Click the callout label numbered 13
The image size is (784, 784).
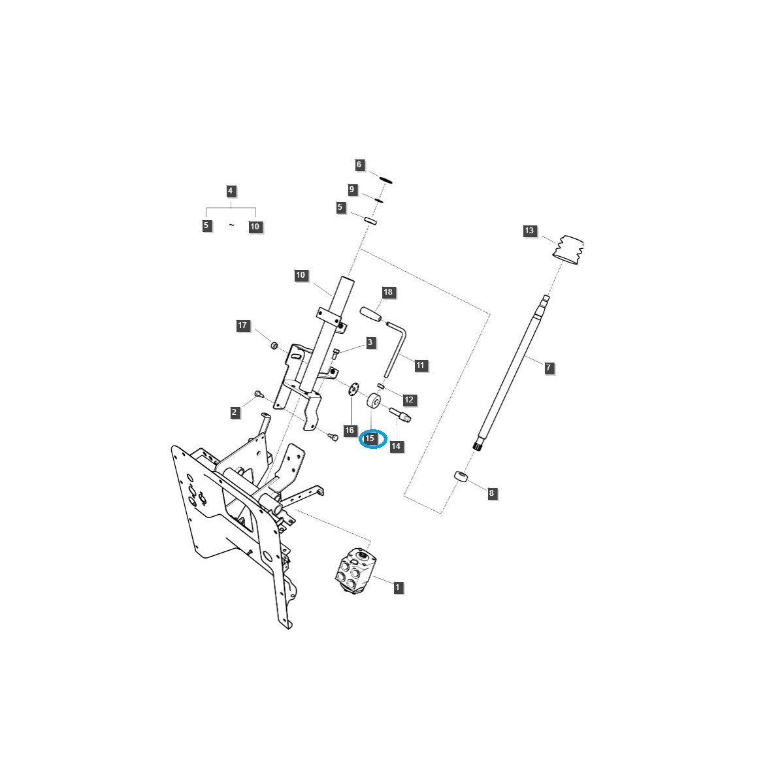[529, 231]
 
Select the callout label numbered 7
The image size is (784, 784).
[548, 367]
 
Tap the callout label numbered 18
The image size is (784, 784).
[387, 291]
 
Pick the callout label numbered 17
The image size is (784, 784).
[242, 325]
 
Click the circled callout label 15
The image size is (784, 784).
[369, 438]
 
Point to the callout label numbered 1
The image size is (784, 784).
[397, 587]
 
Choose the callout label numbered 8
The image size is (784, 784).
[491, 493]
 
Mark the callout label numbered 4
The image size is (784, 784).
[230, 190]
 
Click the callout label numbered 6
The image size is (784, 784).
[359, 165]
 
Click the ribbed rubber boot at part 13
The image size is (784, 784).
[568, 250]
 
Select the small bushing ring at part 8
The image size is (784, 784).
[460, 476]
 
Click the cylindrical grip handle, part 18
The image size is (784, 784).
[370, 314]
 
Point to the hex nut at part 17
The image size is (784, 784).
[274, 346]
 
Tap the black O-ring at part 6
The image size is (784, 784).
[385, 180]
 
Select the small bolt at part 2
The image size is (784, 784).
[259, 393]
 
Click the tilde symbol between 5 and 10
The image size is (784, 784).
[231, 225]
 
